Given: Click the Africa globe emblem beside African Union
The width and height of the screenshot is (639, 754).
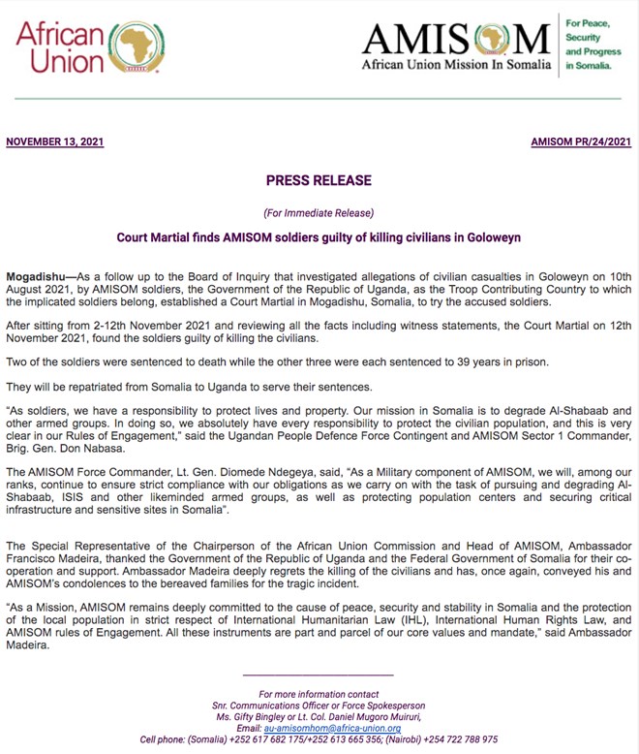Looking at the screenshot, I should tap(135, 48).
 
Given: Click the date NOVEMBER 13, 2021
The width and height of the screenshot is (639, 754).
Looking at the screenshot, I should tap(55, 142).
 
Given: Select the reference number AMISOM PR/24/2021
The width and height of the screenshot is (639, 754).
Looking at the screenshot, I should tap(581, 142).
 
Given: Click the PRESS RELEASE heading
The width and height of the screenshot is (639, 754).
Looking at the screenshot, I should tap(319, 180).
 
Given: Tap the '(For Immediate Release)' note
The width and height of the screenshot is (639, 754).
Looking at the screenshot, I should tap(319, 212).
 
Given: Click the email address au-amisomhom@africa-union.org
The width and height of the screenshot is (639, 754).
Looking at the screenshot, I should tap(332, 728).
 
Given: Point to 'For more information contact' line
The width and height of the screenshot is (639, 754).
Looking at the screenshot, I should tap(319, 694).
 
